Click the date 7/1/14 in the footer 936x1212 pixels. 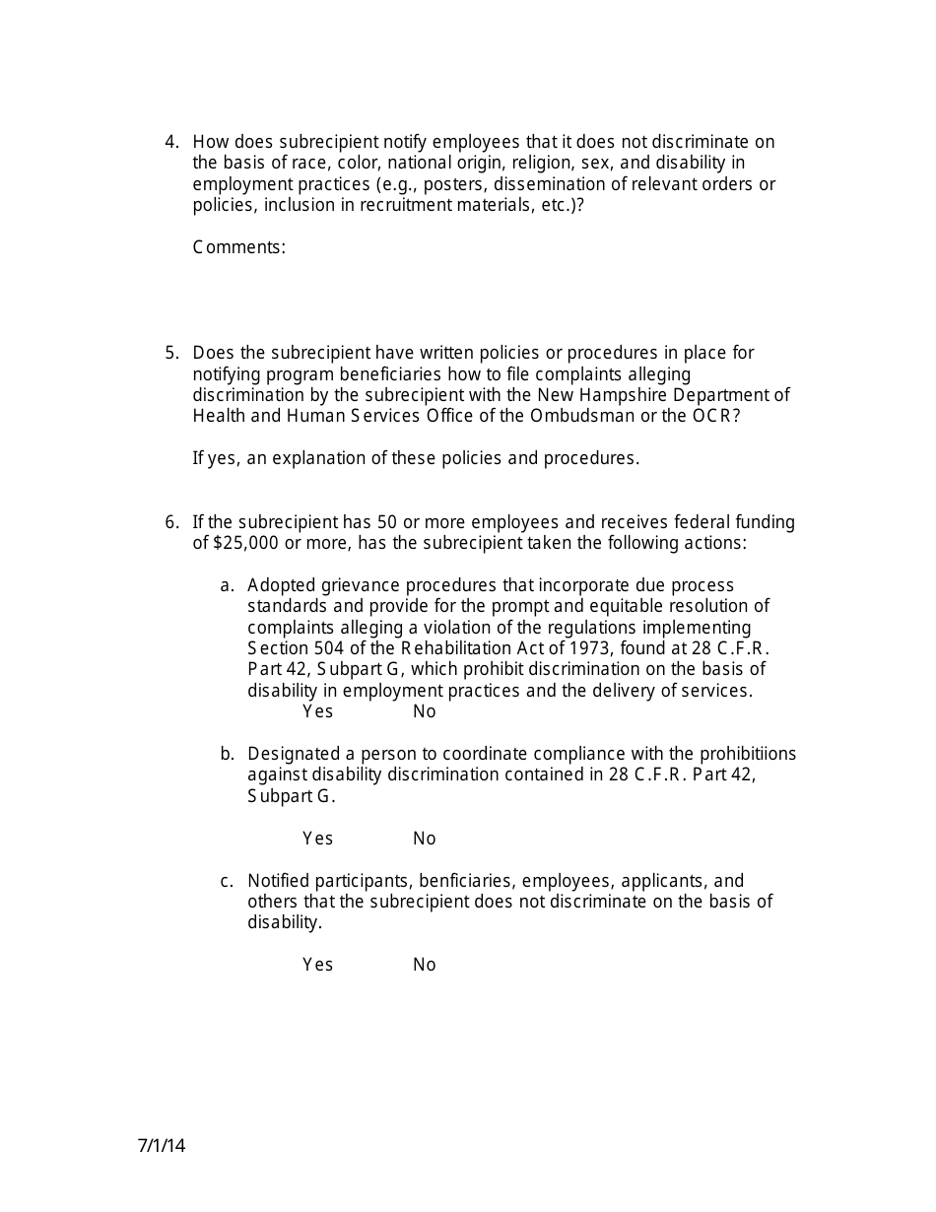(x=162, y=1146)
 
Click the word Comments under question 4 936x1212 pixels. (x=238, y=247)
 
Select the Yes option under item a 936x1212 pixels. (x=317, y=711)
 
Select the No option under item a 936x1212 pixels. (x=424, y=711)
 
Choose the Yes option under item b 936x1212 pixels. (x=317, y=839)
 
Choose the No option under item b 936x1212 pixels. (x=424, y=839)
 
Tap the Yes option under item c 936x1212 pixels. (x=317, y=965)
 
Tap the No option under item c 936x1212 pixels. (x=424, y=965)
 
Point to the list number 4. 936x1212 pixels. (x=171, y=142)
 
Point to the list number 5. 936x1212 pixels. (x=171, y=353)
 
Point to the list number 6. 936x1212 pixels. (x=171, y=522)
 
